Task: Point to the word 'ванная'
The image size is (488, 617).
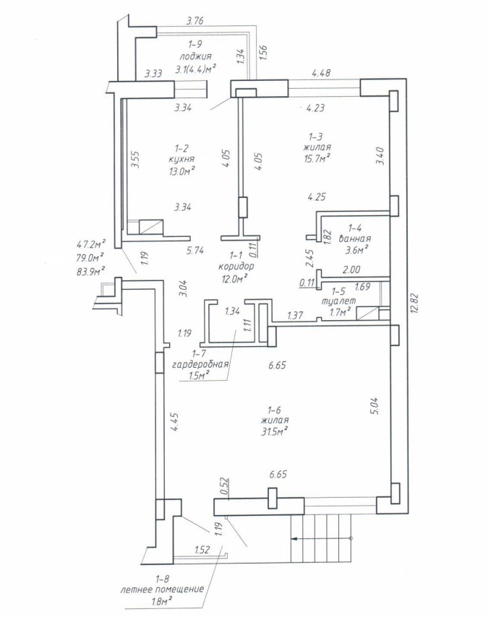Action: pyautogui.click(x=354, y=238)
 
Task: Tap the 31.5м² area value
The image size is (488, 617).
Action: pyautogui.click(x=276, y=431)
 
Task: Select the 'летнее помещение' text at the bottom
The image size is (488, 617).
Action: pyautogui.click(x=162, y=590)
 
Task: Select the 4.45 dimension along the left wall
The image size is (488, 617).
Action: pyautogui.click(x=174, y=422)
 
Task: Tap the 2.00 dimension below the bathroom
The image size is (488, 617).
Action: pyautogui.click(x=351, y=269)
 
